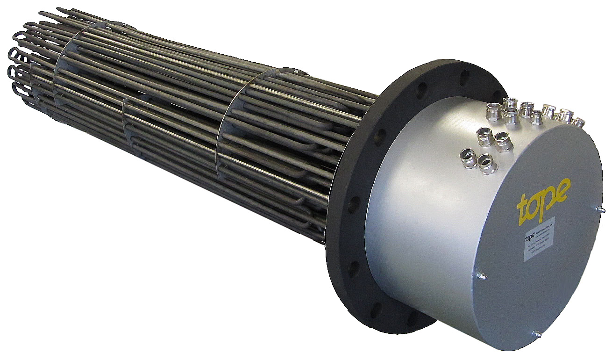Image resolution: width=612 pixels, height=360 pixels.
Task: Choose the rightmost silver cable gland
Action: click(x=578, y=122)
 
